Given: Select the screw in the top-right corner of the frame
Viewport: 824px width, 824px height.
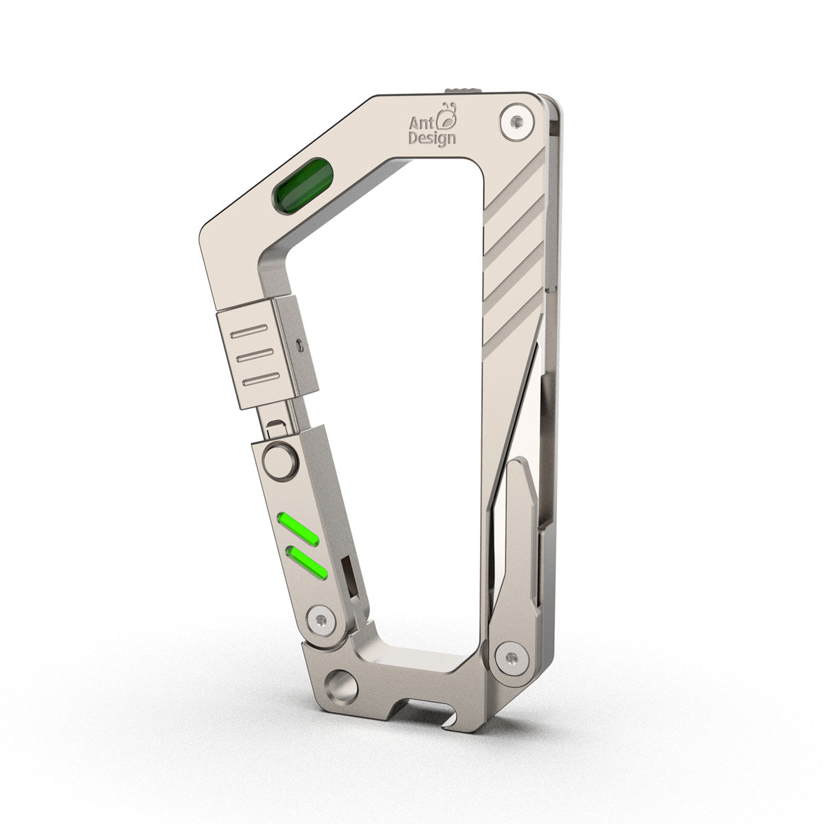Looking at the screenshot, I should click(x=516, y=120).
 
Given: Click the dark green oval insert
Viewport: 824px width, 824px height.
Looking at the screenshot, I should click(x=301, y=185).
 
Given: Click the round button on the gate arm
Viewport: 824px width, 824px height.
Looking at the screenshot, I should click(x=280, y=461).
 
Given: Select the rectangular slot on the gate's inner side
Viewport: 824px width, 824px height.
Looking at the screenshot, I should click(x=350, y=575).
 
